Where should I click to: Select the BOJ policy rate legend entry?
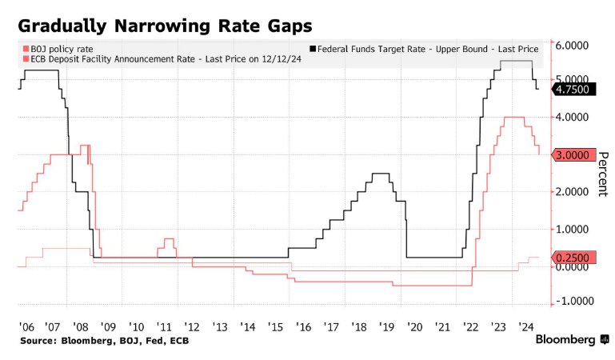(61, 49)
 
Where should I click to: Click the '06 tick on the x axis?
(25, 326)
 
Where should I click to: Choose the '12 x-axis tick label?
(192, 326)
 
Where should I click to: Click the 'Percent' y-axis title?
(604, 174)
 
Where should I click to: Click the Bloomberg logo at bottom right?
(571, 340)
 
